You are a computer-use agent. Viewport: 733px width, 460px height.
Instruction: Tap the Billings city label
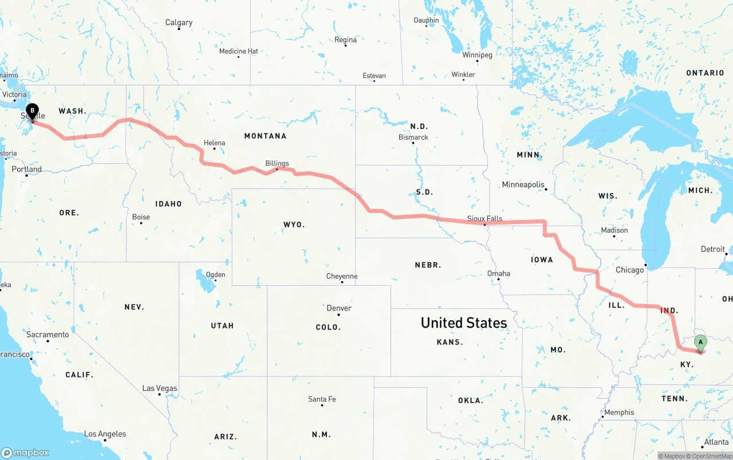277,163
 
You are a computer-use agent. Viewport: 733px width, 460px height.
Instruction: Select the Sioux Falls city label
484,218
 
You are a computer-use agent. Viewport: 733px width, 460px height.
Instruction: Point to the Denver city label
339,308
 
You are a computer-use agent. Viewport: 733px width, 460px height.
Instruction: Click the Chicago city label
629,270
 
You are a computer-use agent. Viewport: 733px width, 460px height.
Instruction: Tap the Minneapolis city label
523,184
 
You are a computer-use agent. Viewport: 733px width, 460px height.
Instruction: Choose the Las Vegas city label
160,388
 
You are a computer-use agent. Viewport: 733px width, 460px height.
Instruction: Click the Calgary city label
179,23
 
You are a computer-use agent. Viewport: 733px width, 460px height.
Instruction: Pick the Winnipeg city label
477,55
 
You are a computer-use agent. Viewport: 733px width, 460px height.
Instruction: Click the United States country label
464,323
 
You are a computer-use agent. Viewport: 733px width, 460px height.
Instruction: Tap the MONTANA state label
265,136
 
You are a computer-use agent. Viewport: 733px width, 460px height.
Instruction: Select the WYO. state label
294,225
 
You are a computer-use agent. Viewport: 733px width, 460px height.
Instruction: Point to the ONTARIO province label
705,73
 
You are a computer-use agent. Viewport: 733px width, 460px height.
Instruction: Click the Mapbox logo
25,453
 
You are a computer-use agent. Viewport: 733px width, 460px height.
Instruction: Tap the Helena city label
215,143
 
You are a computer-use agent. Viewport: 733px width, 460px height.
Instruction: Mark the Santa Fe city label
322,399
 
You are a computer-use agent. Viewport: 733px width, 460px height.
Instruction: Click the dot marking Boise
141,222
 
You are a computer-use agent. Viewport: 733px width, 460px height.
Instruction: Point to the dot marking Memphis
602,416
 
